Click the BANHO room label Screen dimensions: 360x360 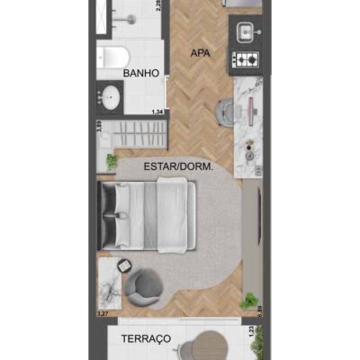pyautogui.click(x=142, y=72)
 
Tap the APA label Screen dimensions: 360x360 pyautogui.click(x=200, y=52)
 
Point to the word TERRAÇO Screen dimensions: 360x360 pyautogui.click(x=146, y=338)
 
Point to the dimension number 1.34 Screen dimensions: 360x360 pyautogui.click(x=158, y=112)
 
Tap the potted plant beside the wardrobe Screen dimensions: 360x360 pyautogui.click(x=112, y=162)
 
